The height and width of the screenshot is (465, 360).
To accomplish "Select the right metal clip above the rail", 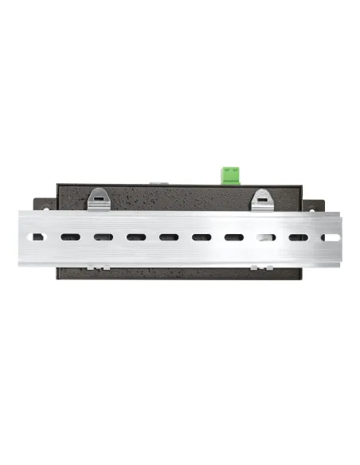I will (263, 200).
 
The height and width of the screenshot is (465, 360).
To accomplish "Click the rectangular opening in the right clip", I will (263, 197).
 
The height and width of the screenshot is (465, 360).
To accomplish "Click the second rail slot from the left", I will (69, 236).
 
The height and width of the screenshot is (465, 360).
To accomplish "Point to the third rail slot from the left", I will (102, 236).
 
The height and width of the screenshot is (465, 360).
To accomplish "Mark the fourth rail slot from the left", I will (135, 236).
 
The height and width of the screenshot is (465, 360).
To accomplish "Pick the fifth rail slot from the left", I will (168, 236).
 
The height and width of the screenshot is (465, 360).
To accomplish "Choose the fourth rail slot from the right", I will (233, 237).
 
